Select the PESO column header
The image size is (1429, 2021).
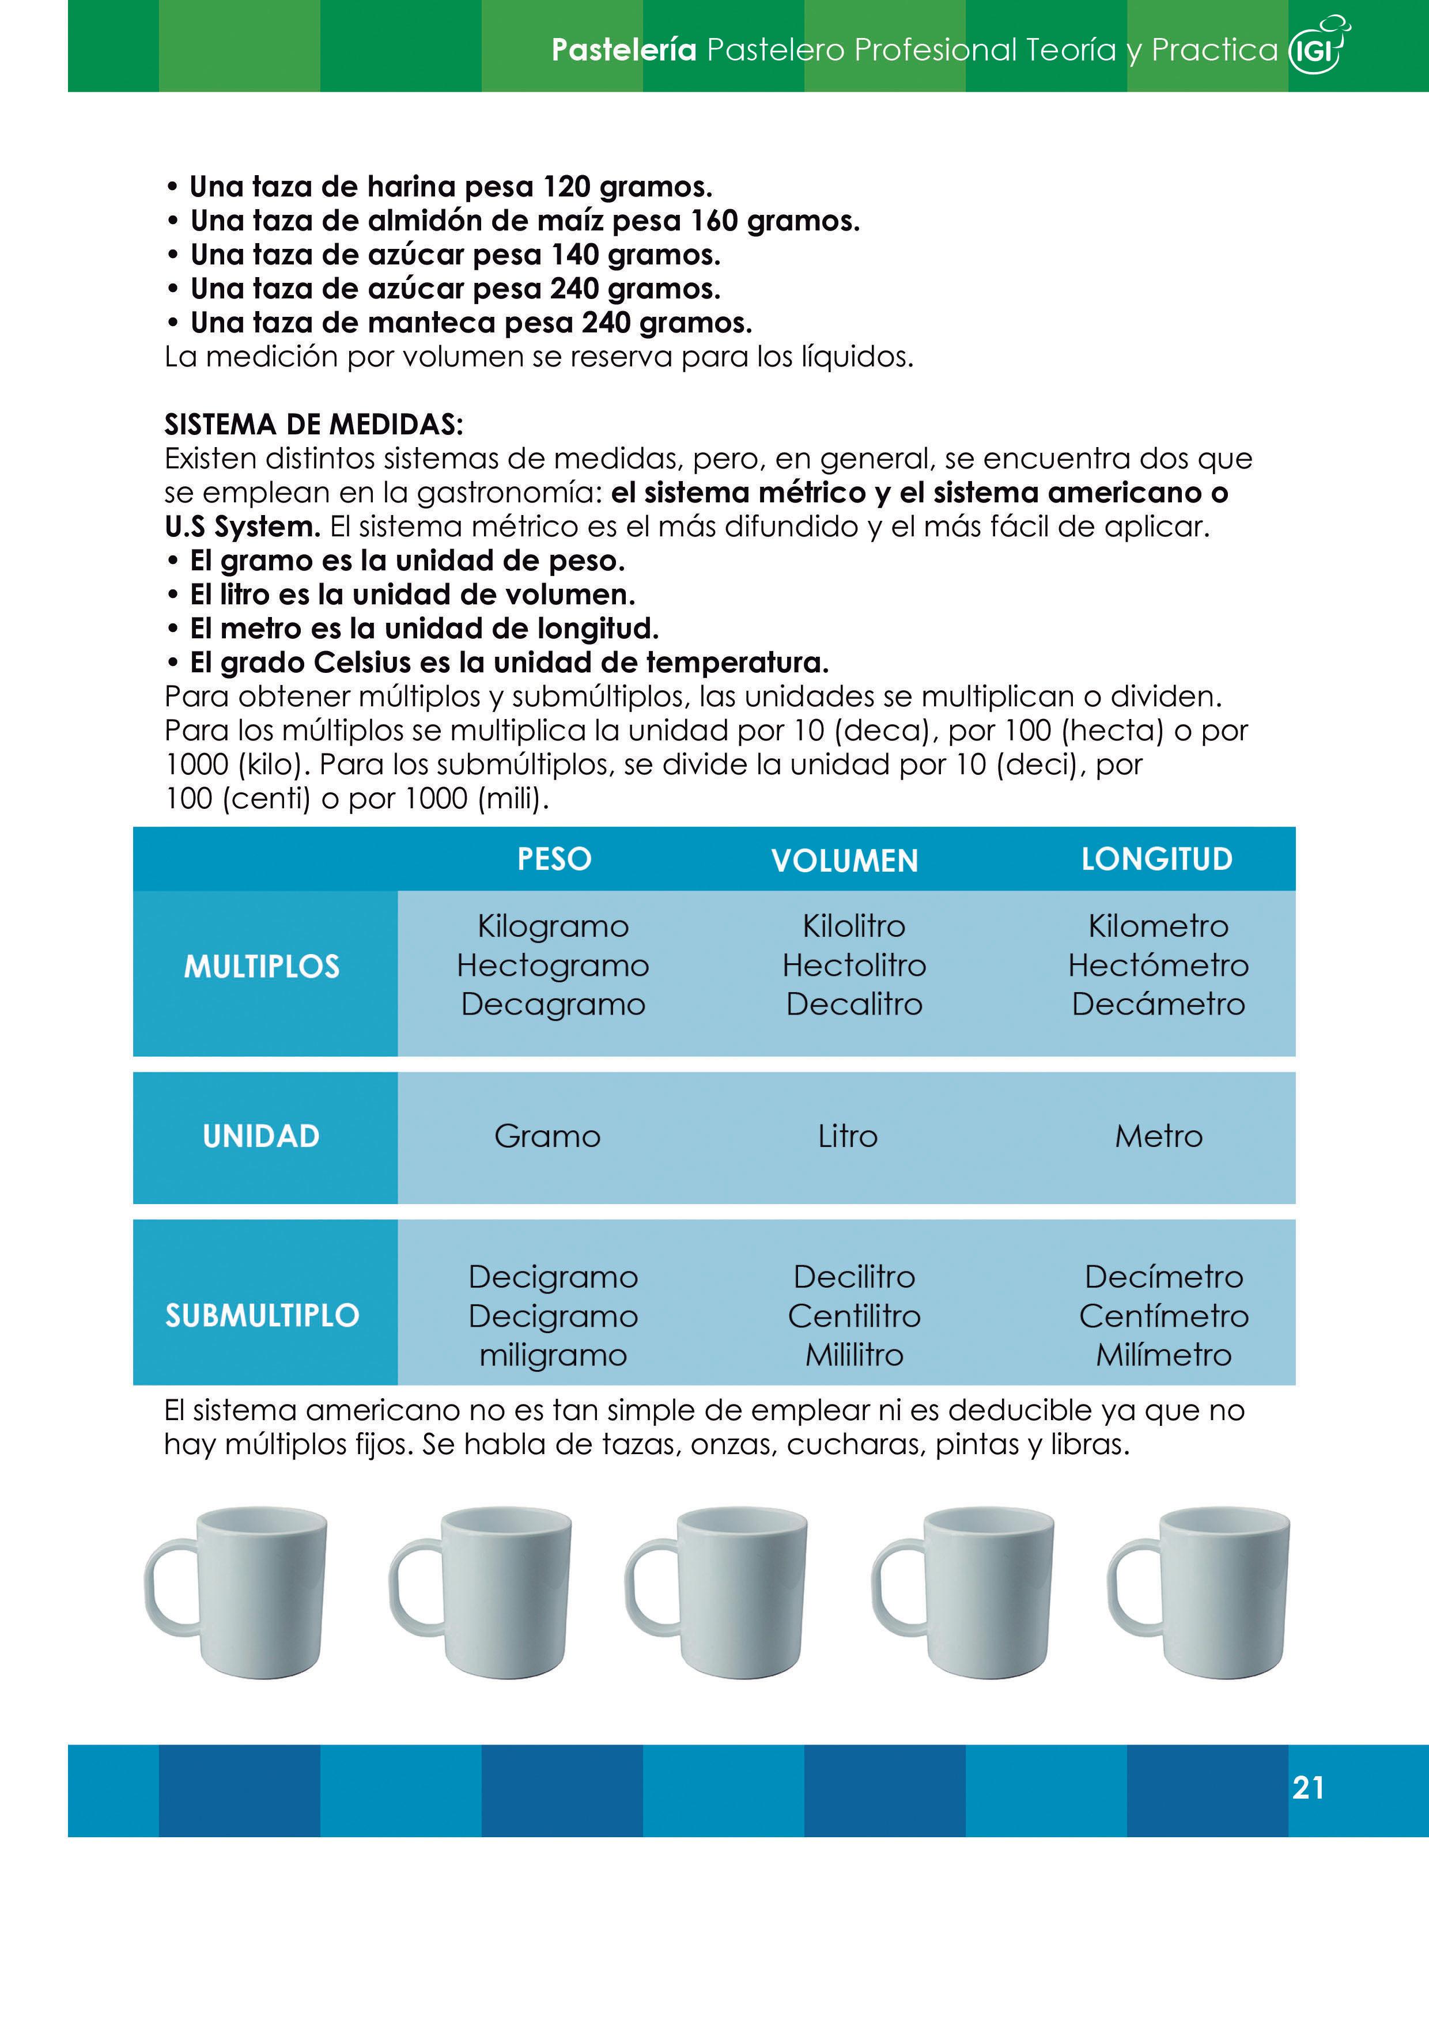point(554,859)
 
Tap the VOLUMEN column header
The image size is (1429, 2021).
point(844,861)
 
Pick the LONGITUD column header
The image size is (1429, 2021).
point(1157,859)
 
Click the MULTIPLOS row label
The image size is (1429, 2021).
point(262,967)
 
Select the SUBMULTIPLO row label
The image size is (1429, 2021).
point(262,1315)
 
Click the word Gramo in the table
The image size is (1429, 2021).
point(547,1136)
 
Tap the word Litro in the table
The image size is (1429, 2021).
point(847,1136)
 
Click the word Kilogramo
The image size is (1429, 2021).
point(553,926)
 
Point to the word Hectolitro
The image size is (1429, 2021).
point(854,966)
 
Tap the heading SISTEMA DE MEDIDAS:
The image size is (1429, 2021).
point(313,425)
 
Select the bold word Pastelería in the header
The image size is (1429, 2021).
point(623,50)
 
